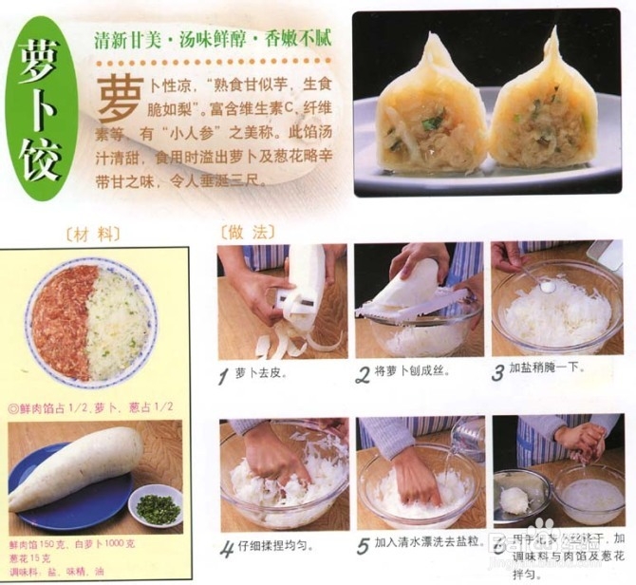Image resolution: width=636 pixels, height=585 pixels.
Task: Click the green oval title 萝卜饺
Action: point(40,112)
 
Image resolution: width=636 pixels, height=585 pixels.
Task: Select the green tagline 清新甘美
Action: point(128,41)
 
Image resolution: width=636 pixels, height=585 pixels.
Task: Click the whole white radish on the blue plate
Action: point(76,467)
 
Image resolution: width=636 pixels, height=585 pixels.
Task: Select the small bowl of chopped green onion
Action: point(157,508)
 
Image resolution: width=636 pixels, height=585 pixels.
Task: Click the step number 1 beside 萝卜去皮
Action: point(224,376)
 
